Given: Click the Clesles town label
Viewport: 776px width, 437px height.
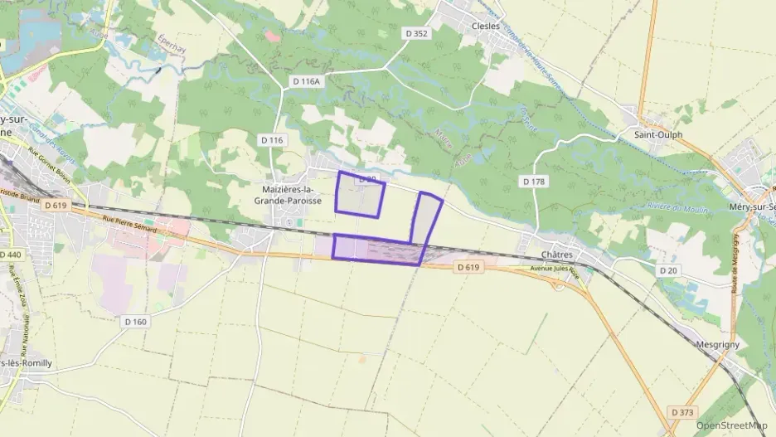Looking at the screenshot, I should click(485, 26).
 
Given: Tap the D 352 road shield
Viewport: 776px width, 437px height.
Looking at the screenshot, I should click(417, 34).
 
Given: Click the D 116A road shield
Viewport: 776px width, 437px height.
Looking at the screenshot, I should click(306, 81).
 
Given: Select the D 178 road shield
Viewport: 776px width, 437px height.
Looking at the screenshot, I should click(533, 181).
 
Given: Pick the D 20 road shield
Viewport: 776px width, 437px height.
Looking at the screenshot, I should click(668, 271).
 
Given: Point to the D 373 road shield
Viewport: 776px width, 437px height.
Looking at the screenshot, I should click(683, 412).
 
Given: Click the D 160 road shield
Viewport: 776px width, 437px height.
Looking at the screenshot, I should click(135, 321).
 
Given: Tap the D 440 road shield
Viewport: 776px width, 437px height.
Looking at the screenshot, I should click(11, 255).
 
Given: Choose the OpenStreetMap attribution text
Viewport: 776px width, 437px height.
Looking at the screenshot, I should click(732, 425).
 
